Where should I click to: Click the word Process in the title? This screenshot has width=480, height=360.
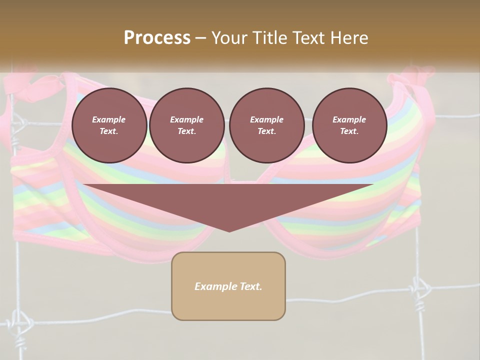pos(157,37)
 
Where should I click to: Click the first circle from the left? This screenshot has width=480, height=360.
pos(109,125)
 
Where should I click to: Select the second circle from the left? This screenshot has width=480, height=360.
pos(186,125)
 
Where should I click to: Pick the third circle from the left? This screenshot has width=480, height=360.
pos(266,125)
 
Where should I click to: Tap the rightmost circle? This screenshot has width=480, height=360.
pos(349,125)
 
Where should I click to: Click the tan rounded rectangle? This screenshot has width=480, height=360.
pos(228,286)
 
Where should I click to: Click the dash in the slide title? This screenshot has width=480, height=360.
pos(201,38)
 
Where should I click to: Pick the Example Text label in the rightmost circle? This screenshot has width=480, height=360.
pos(349,125)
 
